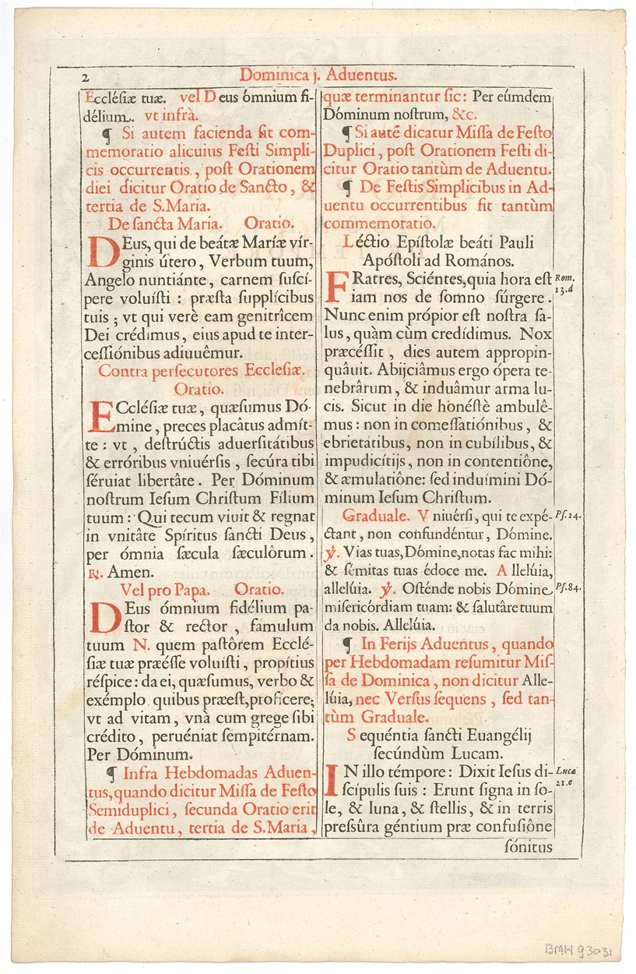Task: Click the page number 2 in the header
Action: click(x=86, y=78)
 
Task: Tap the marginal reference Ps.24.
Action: click(x=567, y=516)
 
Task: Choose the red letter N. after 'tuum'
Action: click(x=141, y=644)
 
